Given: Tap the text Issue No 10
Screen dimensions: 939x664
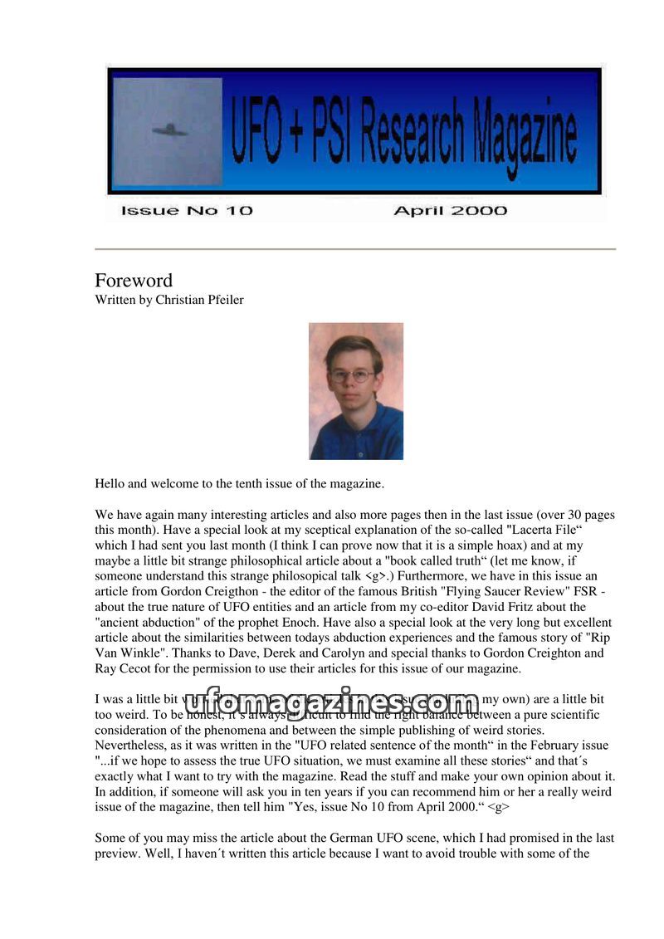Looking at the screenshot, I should [186, 211].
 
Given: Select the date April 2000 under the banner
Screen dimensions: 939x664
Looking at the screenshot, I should [450, 211].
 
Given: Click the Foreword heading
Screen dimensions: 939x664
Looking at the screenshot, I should [134, 281].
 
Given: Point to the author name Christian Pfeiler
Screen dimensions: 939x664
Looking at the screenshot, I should [199, 301].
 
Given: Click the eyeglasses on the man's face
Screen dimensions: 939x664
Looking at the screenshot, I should [352, 375].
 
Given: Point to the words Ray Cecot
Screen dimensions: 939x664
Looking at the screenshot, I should [124, 668].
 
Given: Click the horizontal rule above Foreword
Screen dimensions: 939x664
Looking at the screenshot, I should [355, 249].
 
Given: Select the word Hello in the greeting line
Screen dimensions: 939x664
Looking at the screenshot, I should [110, 484].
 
